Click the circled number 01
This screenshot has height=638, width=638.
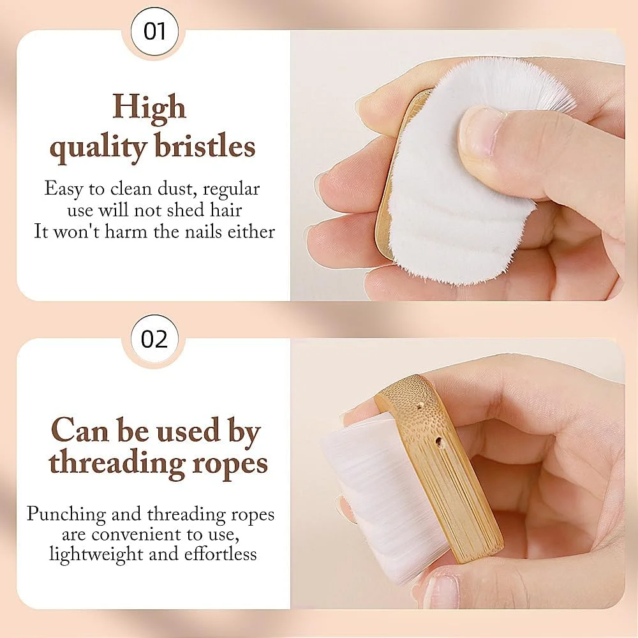point(154,31)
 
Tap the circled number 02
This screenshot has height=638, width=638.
point(154,339)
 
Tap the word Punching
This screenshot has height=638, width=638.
point(66,515)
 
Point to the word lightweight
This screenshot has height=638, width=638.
point(96,555)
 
